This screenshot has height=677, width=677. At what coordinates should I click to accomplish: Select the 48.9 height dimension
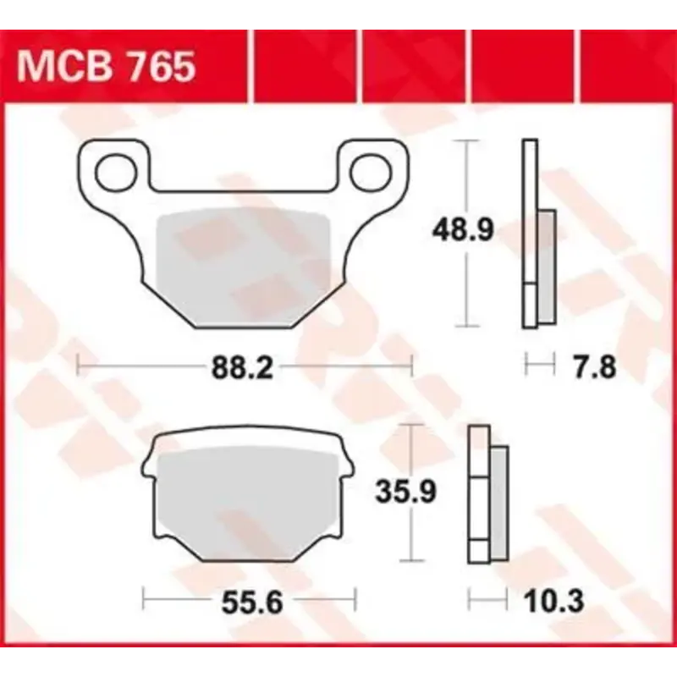[x=464, y=230]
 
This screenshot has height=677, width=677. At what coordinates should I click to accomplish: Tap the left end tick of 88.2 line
[x=78, y=366]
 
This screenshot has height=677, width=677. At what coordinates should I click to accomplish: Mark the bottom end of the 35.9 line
[x=410, y=560]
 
